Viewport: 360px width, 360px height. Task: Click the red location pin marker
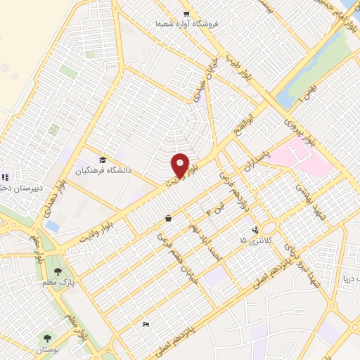180,166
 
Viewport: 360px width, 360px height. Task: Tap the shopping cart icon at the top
186,13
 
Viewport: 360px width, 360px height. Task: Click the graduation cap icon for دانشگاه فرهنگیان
103,160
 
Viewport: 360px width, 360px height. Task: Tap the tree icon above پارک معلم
58,271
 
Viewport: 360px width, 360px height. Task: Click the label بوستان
48,349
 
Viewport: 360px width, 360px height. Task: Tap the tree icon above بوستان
48,338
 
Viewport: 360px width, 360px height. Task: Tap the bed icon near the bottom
146,324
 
